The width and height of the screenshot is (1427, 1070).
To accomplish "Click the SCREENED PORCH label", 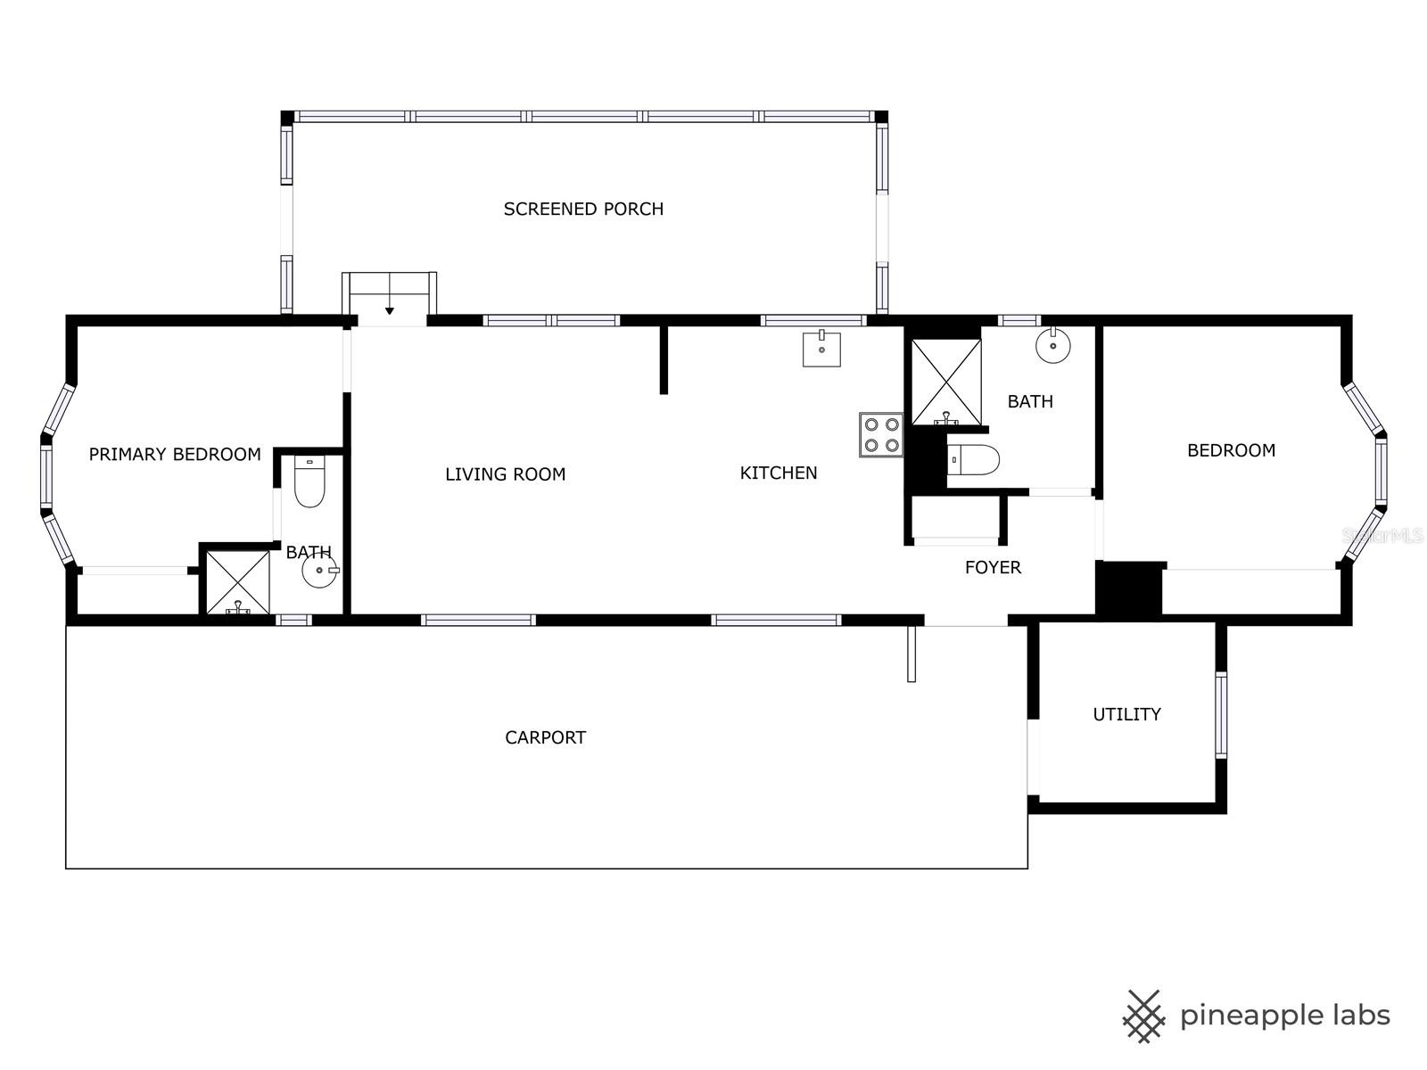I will click(x=583, y=209).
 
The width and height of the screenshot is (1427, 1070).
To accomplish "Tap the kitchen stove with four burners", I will click(x=881, y=434).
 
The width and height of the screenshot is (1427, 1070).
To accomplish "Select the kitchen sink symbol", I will click(x=821, y=349).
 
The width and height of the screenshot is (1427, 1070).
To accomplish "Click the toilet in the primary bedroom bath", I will click(x=309, y=482).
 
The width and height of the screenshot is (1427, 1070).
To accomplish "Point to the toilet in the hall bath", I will click(x=972, y=460).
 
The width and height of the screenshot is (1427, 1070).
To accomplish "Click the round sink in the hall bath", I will click(x=1053, y=345).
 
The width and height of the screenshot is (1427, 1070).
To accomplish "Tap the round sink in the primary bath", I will click(x=319, y=571).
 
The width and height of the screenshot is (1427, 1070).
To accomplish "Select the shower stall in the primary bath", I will click(x=237, y=582).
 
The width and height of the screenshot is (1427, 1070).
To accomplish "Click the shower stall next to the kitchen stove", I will click(x=946, y=381).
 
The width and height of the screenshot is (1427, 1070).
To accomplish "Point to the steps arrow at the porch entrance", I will click(x=390, y=310).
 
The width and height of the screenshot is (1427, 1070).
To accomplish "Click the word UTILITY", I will click(x=1126, y=714).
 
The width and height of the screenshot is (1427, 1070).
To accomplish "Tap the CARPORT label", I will click(x=545, y=737).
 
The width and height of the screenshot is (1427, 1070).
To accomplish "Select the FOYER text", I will click(x=993, y=567).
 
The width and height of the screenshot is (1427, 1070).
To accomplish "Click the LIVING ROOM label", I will click(x=505, y=474).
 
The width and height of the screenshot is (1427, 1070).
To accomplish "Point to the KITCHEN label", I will click(x=779, y=473).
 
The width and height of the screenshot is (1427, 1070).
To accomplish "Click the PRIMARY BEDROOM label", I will click(x=175, y=455).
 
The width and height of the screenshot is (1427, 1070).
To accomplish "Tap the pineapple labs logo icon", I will click(x=1143, y=1016).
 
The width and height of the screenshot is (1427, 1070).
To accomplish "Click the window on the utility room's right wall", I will click(x=1221, y=714).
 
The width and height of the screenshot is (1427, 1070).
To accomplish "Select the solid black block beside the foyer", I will click(x=1129, y=588).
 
